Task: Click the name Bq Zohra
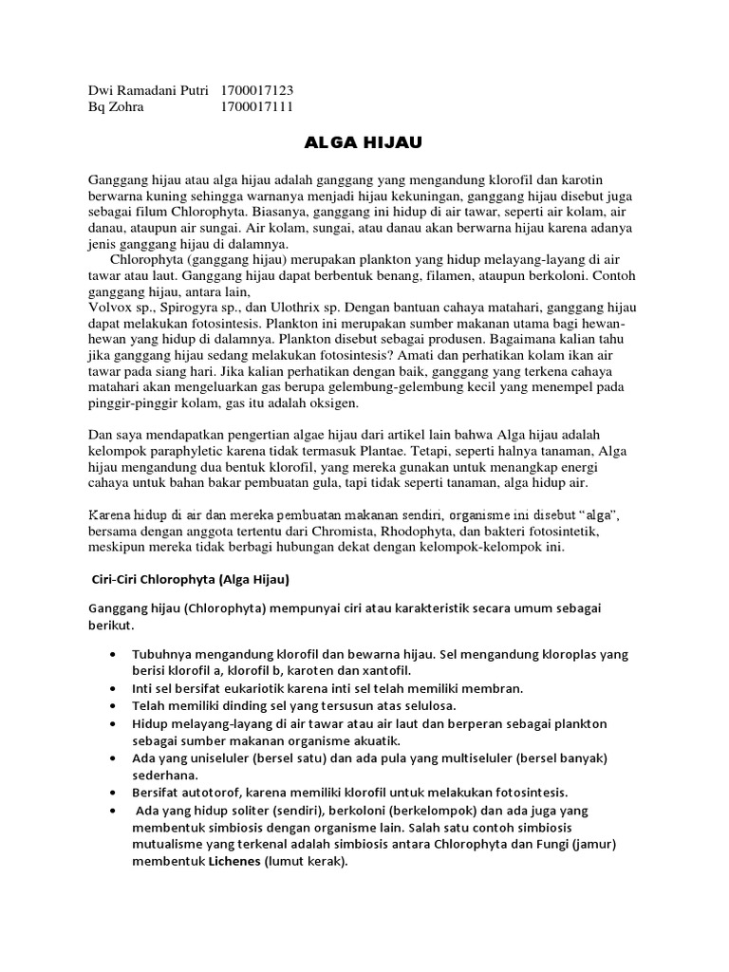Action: tap(116, 106)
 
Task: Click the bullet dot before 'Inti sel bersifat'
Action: tap(115, 688)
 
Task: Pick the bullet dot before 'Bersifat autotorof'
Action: tap(115, 791)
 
